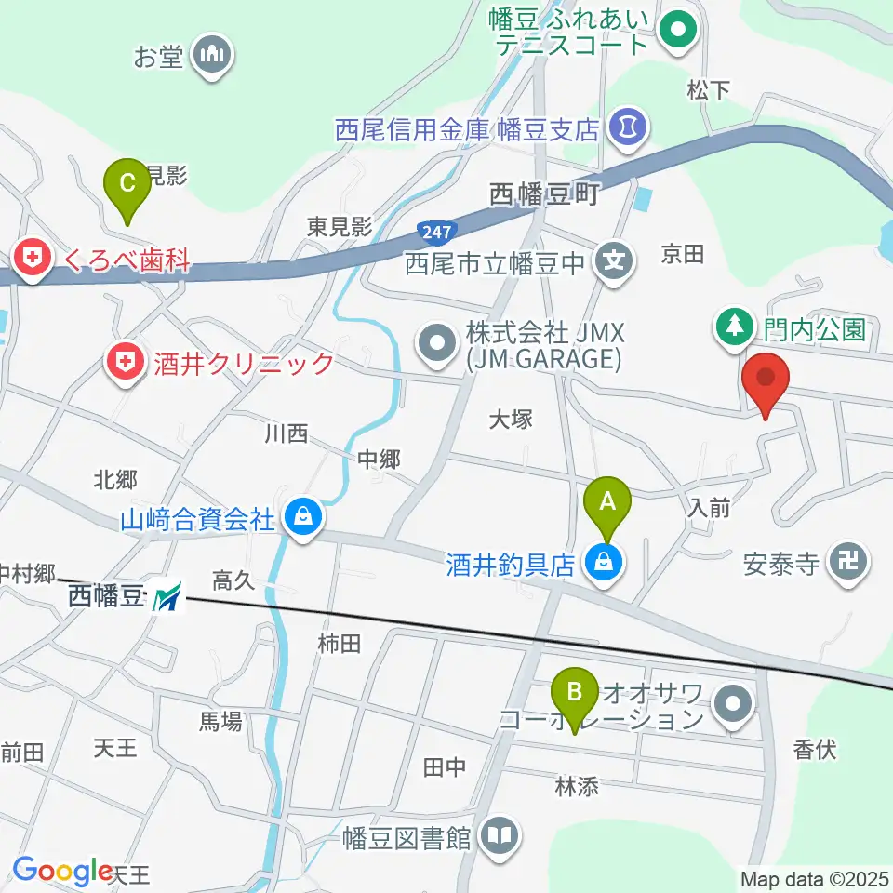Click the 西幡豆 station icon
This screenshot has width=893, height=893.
(x=168, y=596)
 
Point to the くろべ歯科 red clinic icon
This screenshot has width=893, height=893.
(x=33, y=260)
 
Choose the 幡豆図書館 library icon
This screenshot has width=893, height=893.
(x=500, y=836)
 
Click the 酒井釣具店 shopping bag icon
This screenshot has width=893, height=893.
(x=605, y=563)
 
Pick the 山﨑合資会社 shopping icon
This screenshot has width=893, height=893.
(x=303, y=517)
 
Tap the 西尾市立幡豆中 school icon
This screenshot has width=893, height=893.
(x=614, y=262)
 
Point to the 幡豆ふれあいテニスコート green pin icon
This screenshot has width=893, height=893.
(x=678, y=29)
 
